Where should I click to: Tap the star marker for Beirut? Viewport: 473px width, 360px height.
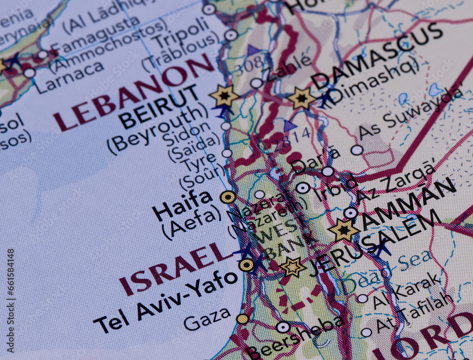click(x=224, y=96)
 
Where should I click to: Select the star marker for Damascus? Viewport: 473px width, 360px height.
click(x=301, y=98)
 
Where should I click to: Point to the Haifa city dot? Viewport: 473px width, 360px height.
click(x=228, y=197)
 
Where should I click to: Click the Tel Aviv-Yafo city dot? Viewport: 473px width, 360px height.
click(x=246, y=265)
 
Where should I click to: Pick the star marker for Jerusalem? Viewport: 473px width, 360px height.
click(x=293, y=267)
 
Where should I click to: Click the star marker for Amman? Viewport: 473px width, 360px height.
click(x=343, y=230)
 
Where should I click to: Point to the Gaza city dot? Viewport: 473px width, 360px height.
click(x=243, y=319)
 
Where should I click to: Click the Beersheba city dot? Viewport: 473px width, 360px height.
click(x=283, y=327)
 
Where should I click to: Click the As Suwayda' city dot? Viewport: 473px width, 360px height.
click(x=357, y=150)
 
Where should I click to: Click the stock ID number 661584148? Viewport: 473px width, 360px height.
click(x=10, y=301)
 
